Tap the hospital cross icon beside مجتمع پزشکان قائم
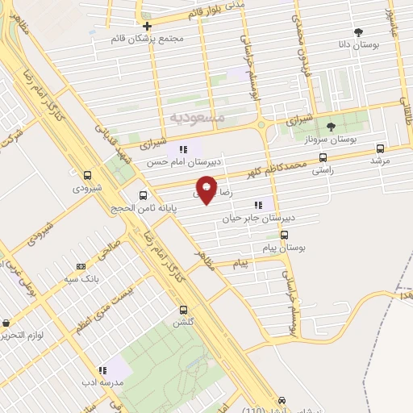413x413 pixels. pos(147,26)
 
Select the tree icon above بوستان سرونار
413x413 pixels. pos(330,126)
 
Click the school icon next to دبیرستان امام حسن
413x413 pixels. pos(183,148)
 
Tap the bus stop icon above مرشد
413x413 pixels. pos(381,148)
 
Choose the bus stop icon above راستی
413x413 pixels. pos(323,158)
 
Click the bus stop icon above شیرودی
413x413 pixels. pos(88,174)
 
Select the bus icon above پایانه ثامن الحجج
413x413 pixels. pos(143,194)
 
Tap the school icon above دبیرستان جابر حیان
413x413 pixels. pos(258,205)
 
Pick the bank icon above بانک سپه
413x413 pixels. pos(80,266)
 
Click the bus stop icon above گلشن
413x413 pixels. pos(183,310)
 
